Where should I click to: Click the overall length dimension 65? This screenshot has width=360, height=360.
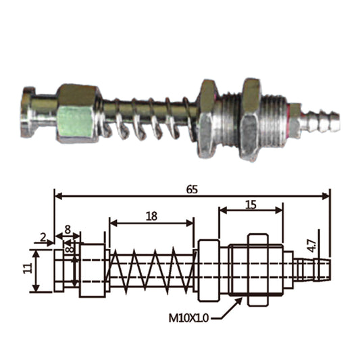(192, 190)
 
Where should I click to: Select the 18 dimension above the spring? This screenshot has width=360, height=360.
(151, 216)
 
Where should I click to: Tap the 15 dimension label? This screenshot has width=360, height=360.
(251, 205)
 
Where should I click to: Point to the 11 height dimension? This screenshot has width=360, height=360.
(28, 268)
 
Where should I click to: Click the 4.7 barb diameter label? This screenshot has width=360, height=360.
(312, 246)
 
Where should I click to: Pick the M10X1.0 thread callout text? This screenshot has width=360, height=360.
(188, 318)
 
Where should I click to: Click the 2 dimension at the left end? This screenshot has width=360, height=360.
(43, 238)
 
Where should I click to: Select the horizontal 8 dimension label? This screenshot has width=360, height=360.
(68, 230)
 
